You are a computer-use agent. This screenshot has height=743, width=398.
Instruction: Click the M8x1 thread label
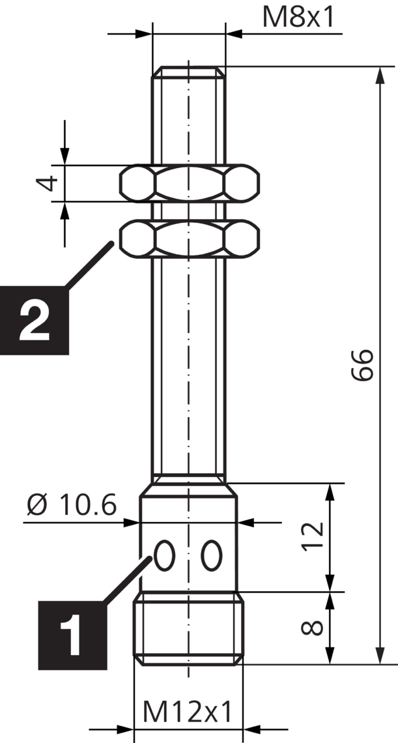click(299, 18)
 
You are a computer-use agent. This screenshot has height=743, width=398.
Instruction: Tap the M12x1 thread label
click(188, 711)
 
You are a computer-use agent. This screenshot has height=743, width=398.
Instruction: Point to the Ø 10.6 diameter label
click(72, 505)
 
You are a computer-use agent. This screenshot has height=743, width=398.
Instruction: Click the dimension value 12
click(313, 536)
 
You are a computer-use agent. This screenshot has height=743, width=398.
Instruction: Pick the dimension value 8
click(313, 628)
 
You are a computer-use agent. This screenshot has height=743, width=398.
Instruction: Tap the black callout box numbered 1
click(72, 635)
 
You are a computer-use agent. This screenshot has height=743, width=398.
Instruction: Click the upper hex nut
click(189, 182)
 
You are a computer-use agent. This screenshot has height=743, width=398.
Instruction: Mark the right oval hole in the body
click(211, 556)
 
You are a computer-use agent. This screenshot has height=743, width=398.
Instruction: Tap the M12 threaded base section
click(189, 629)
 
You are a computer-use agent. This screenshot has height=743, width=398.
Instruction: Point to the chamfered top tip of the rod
click(189, 70)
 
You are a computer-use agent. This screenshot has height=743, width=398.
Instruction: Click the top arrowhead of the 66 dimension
click(380, 74)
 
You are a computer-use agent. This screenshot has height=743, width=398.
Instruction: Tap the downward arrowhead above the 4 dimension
click(64, 154)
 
